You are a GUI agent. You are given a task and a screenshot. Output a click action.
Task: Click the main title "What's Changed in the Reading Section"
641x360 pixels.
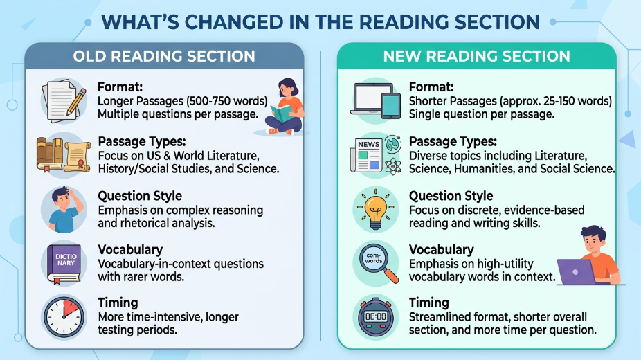point(320,22)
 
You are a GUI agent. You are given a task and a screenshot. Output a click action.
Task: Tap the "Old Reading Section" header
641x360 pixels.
point(164,56)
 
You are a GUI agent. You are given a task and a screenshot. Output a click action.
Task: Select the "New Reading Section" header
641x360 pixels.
point(477,56)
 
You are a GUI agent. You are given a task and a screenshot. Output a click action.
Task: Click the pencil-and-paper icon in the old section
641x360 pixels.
point(64,101)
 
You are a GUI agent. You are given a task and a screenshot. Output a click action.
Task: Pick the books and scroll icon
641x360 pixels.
point(64,155)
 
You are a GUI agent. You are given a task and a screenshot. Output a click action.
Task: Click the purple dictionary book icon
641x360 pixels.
point(64,263)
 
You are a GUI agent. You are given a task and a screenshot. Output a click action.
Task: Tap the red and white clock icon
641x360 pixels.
point(64,317)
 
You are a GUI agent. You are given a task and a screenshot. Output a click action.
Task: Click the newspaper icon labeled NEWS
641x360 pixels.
point(367,155)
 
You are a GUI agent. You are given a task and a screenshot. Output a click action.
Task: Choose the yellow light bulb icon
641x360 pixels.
point(375,209)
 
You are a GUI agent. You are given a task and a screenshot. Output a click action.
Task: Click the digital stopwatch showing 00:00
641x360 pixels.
point(376,316)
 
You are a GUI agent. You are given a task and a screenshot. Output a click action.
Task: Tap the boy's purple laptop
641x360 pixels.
point(577,272)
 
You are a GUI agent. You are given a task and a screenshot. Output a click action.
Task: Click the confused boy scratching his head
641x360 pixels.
point(65,209)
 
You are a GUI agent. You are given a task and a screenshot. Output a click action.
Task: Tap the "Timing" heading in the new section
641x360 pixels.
point(428,303)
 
